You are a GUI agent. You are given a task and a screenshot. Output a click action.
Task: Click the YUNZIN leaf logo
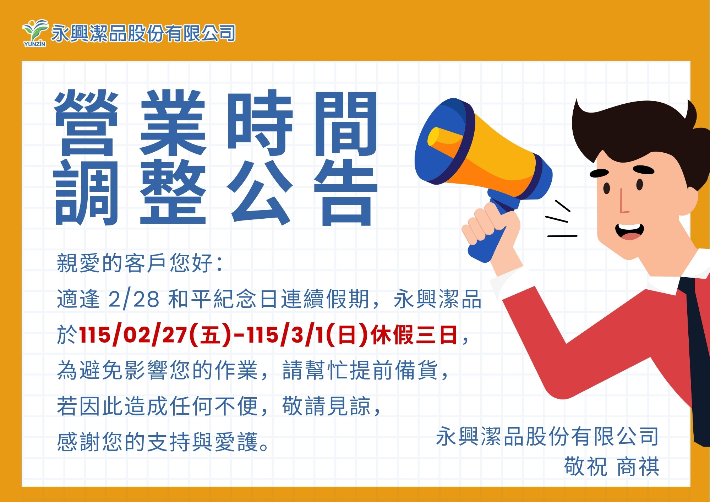[34, 33]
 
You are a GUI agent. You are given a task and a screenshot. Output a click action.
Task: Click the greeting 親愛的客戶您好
[135, 263]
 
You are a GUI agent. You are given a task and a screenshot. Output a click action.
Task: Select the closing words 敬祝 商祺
[611, 466]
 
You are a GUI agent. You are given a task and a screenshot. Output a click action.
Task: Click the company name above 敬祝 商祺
[547, 436]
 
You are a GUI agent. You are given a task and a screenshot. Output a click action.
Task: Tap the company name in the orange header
[143, 33]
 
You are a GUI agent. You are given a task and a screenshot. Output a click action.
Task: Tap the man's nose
[623, 204]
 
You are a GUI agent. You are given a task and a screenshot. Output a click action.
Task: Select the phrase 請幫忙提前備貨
[360, 370]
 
